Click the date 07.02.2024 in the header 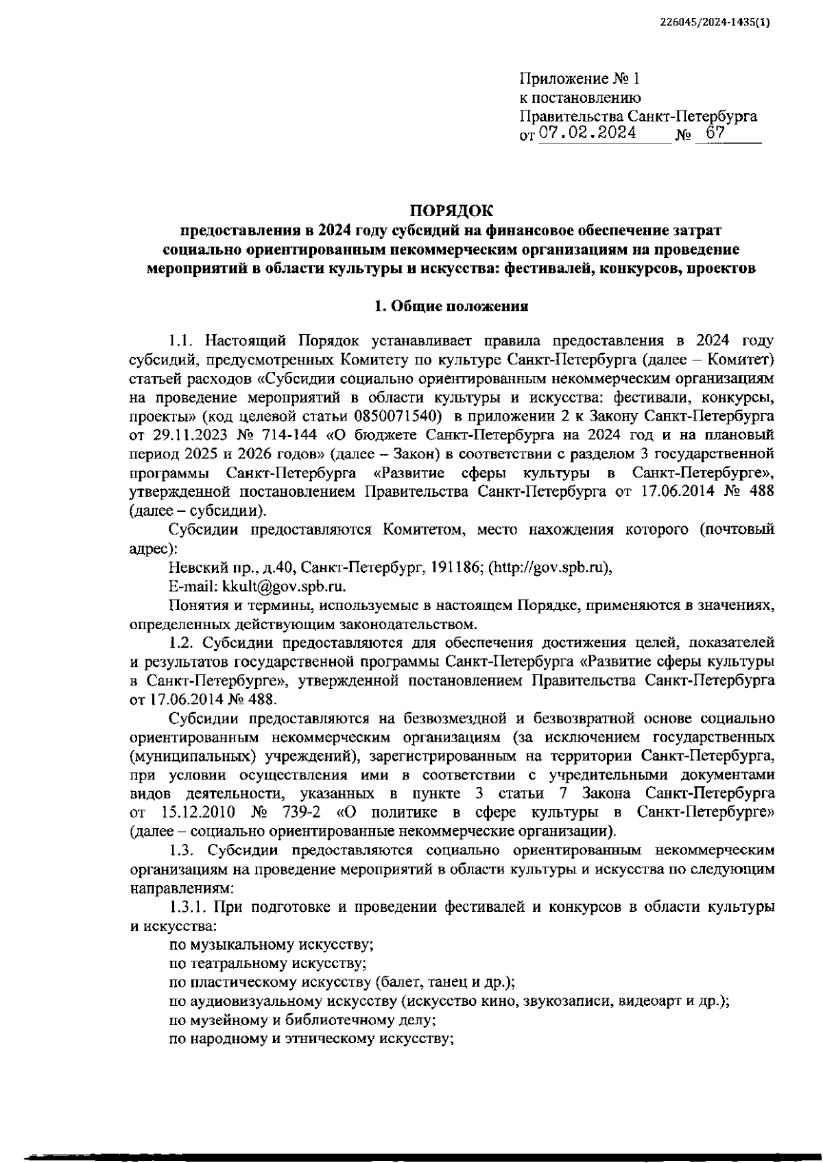[587, 133]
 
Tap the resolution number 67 [715, 133]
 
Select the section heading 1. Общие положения [451, 307]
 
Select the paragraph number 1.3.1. [188, 906]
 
